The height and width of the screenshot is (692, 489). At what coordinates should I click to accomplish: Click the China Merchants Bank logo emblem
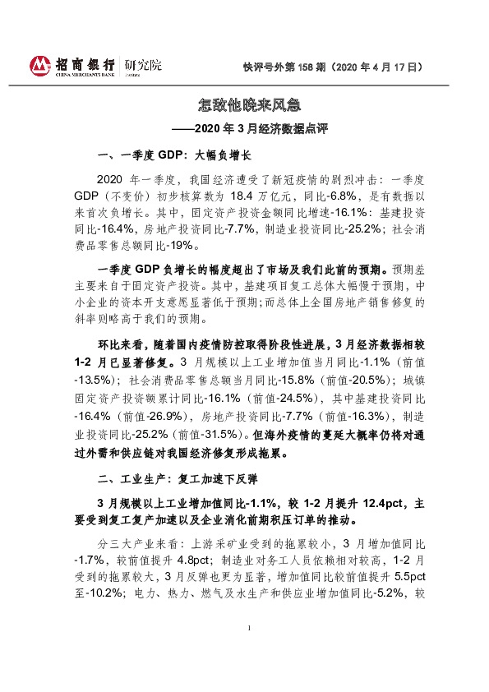40,65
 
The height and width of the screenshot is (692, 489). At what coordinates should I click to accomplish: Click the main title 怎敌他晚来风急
244,106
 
